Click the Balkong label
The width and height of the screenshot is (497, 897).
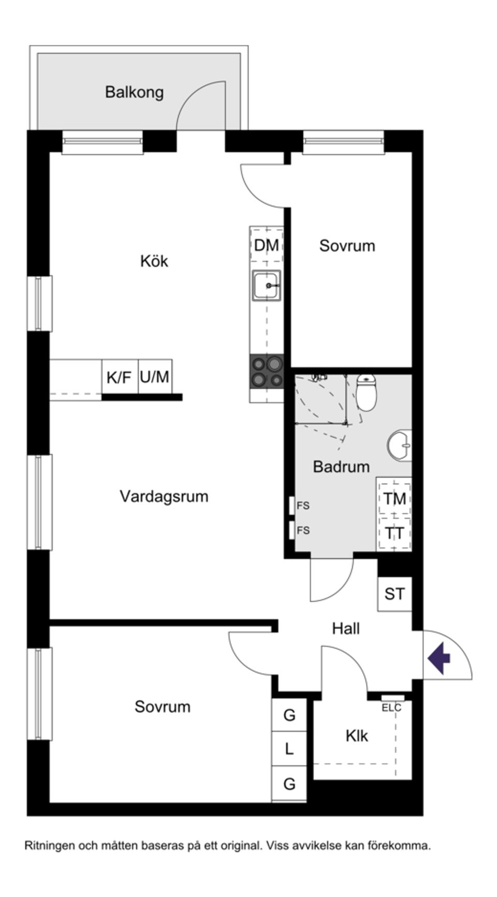pyautogui.click(x=134, y=92)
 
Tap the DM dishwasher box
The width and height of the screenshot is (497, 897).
pyautogui.click(x=267, y=245)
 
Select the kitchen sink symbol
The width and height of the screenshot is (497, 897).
pyautogui.click(x=267, y=285)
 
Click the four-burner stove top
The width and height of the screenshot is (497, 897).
pyautogui.click(x=267, y=371)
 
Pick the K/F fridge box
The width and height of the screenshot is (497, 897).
pyautogui.click(x=119, y=377)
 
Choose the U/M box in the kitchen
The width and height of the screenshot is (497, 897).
pyautogui.click(x=155, y=377)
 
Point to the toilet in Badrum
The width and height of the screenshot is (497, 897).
pyautogui.click(x=367, y=393)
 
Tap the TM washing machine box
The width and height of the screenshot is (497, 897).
pyautogui.click(x=394, y=499)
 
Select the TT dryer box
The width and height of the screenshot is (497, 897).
pyautogui.click(x=394, y=532)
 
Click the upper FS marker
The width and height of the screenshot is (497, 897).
pyautogui.click(x=303, y=505)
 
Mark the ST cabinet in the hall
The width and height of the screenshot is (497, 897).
pyautogui.click(x=394, y=594)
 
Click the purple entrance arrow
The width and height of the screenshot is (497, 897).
pyautogui.click(x=439, y=659)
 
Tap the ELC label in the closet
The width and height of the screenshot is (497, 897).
pyautogui.click(x=391, y=708)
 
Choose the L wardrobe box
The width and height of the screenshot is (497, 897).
pyautogui.click(x=289, y=748)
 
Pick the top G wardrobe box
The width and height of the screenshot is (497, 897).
pyautogui.click(x=289, y=715)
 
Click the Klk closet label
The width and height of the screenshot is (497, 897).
pyautogui.click(x=357, y=736)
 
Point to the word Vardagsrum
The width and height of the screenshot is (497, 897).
pyautogui.click(x=164, y=496)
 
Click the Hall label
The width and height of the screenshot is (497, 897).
pyautogui.click(x=346, y=629)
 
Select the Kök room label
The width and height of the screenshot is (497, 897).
pyautogui.click(x=154, y=261)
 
